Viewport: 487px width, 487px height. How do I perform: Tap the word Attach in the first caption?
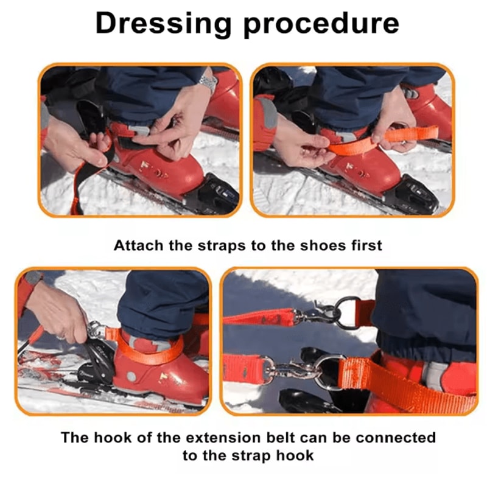[x=137, y=245]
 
